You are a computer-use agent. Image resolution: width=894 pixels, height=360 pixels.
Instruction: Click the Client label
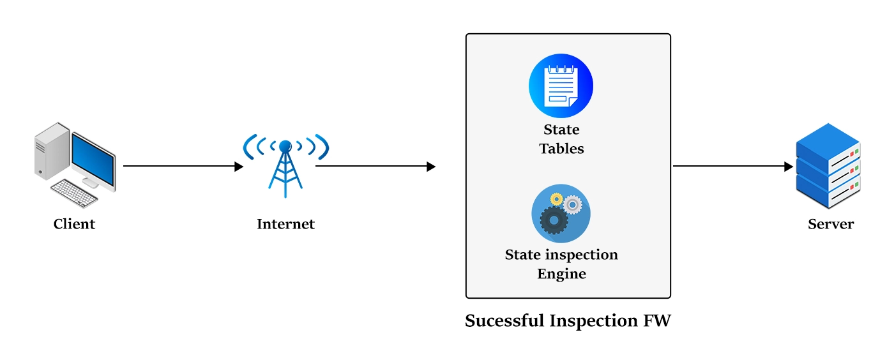(x=74, y=224)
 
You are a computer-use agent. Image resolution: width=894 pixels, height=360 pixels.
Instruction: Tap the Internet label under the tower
(x=285, y=224)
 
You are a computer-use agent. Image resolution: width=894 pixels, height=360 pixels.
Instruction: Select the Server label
(x=830, y=224)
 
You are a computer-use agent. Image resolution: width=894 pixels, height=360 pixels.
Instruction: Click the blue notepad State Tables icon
(x=561, y=86)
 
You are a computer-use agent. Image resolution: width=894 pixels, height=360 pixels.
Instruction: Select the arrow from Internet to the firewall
(x=375, y=167)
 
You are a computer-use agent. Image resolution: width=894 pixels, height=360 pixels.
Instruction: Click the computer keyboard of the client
(x=74, y=193)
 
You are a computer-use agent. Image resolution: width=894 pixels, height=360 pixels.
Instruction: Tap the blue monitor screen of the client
(x=93, y=156)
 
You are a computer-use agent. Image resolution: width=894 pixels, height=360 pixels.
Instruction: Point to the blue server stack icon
(x=828, y=166)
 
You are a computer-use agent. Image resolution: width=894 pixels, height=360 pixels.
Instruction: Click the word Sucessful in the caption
(x=504, y=320)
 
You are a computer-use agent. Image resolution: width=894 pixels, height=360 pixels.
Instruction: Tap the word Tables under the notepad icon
(x=561, y=149)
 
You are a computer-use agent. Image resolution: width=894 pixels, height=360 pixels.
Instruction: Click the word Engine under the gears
(x=561, y=274)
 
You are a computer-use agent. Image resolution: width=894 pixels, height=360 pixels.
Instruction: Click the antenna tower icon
(x=285, y=166)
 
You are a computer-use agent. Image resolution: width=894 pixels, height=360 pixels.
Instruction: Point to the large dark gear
(x=553, y=220)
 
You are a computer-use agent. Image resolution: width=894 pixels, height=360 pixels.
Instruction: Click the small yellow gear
(x=556, y=199)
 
